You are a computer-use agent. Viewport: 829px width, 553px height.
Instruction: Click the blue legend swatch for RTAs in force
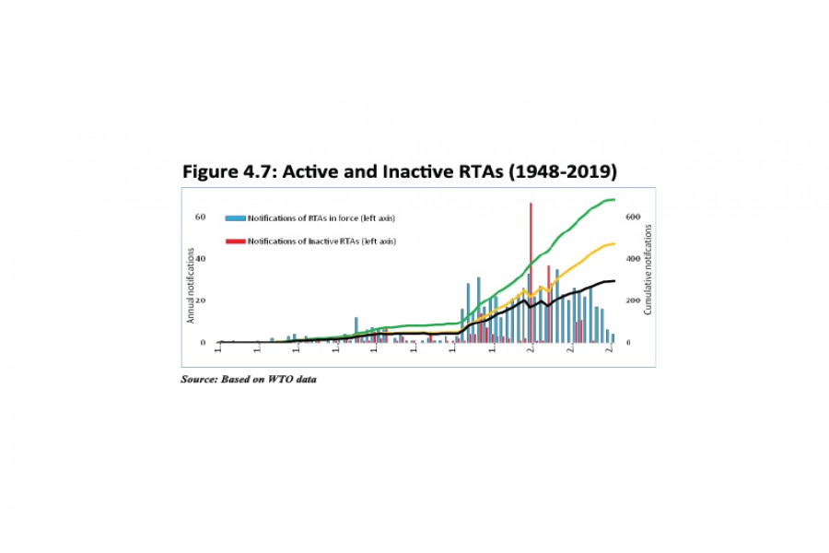click(x=234, y=218)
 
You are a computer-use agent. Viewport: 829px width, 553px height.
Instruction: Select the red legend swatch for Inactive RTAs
click(x=234, y=241)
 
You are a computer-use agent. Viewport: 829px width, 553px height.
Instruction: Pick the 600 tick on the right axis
click(x=631, y=217)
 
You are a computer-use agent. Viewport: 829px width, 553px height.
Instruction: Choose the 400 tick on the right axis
click(x=631, y=259)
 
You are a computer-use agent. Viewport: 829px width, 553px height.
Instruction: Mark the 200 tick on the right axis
click(x=631, y=300)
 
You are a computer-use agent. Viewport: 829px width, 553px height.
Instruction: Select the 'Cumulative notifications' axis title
click(x=648, y=273)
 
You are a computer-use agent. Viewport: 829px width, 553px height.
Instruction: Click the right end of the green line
click(x=614, y=200)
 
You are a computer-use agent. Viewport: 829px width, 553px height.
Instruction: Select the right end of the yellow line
click(x=614, y=244)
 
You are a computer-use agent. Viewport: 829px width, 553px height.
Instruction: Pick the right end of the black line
click(x=614, y=281)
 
